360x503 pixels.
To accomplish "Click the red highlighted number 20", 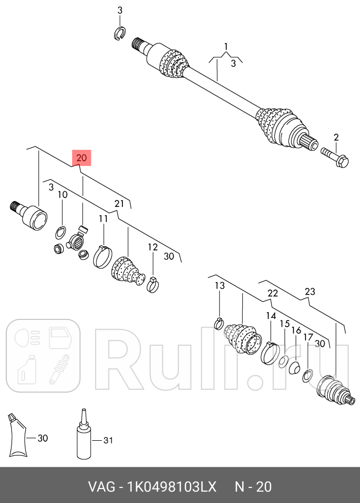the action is [x=82, y=158].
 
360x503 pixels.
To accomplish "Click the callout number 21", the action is [x=119, y=203].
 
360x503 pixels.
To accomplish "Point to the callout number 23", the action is [x=310, y=291].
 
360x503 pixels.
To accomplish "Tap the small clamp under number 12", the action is [x=153, y=284].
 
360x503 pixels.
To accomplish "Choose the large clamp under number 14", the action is [x=270, y=353].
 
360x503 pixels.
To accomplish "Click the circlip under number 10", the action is [x=61, y=233].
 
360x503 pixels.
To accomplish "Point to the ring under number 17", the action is [x=308, y=376].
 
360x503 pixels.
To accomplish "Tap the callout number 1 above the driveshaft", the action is [x=226, y=47].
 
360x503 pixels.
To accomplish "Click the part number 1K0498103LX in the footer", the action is [x=172, y=486].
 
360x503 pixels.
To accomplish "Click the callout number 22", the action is [x=273, y=293].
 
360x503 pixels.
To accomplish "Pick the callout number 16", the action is [x=296, y=330].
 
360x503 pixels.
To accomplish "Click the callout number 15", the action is [x=285, y=324].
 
